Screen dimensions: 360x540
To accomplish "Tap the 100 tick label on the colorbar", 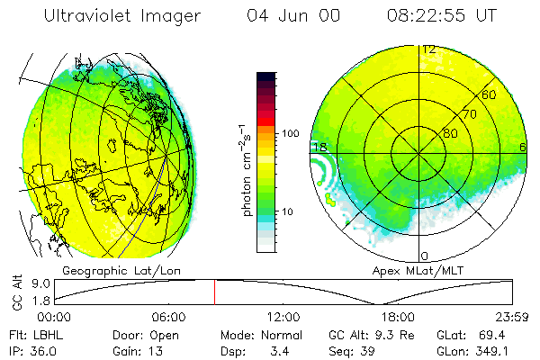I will pyautogui.click(x=291, y=133).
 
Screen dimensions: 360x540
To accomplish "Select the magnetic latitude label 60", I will pyautogui.click(x=490, y=94).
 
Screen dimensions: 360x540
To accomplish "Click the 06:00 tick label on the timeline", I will pyautogui.click(x=169, y=317).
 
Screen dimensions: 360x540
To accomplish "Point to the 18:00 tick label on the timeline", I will pyautogui.click(x=398, y=317).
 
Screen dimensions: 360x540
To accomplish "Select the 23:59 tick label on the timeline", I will pyautogui.click(x=512, y=317).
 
